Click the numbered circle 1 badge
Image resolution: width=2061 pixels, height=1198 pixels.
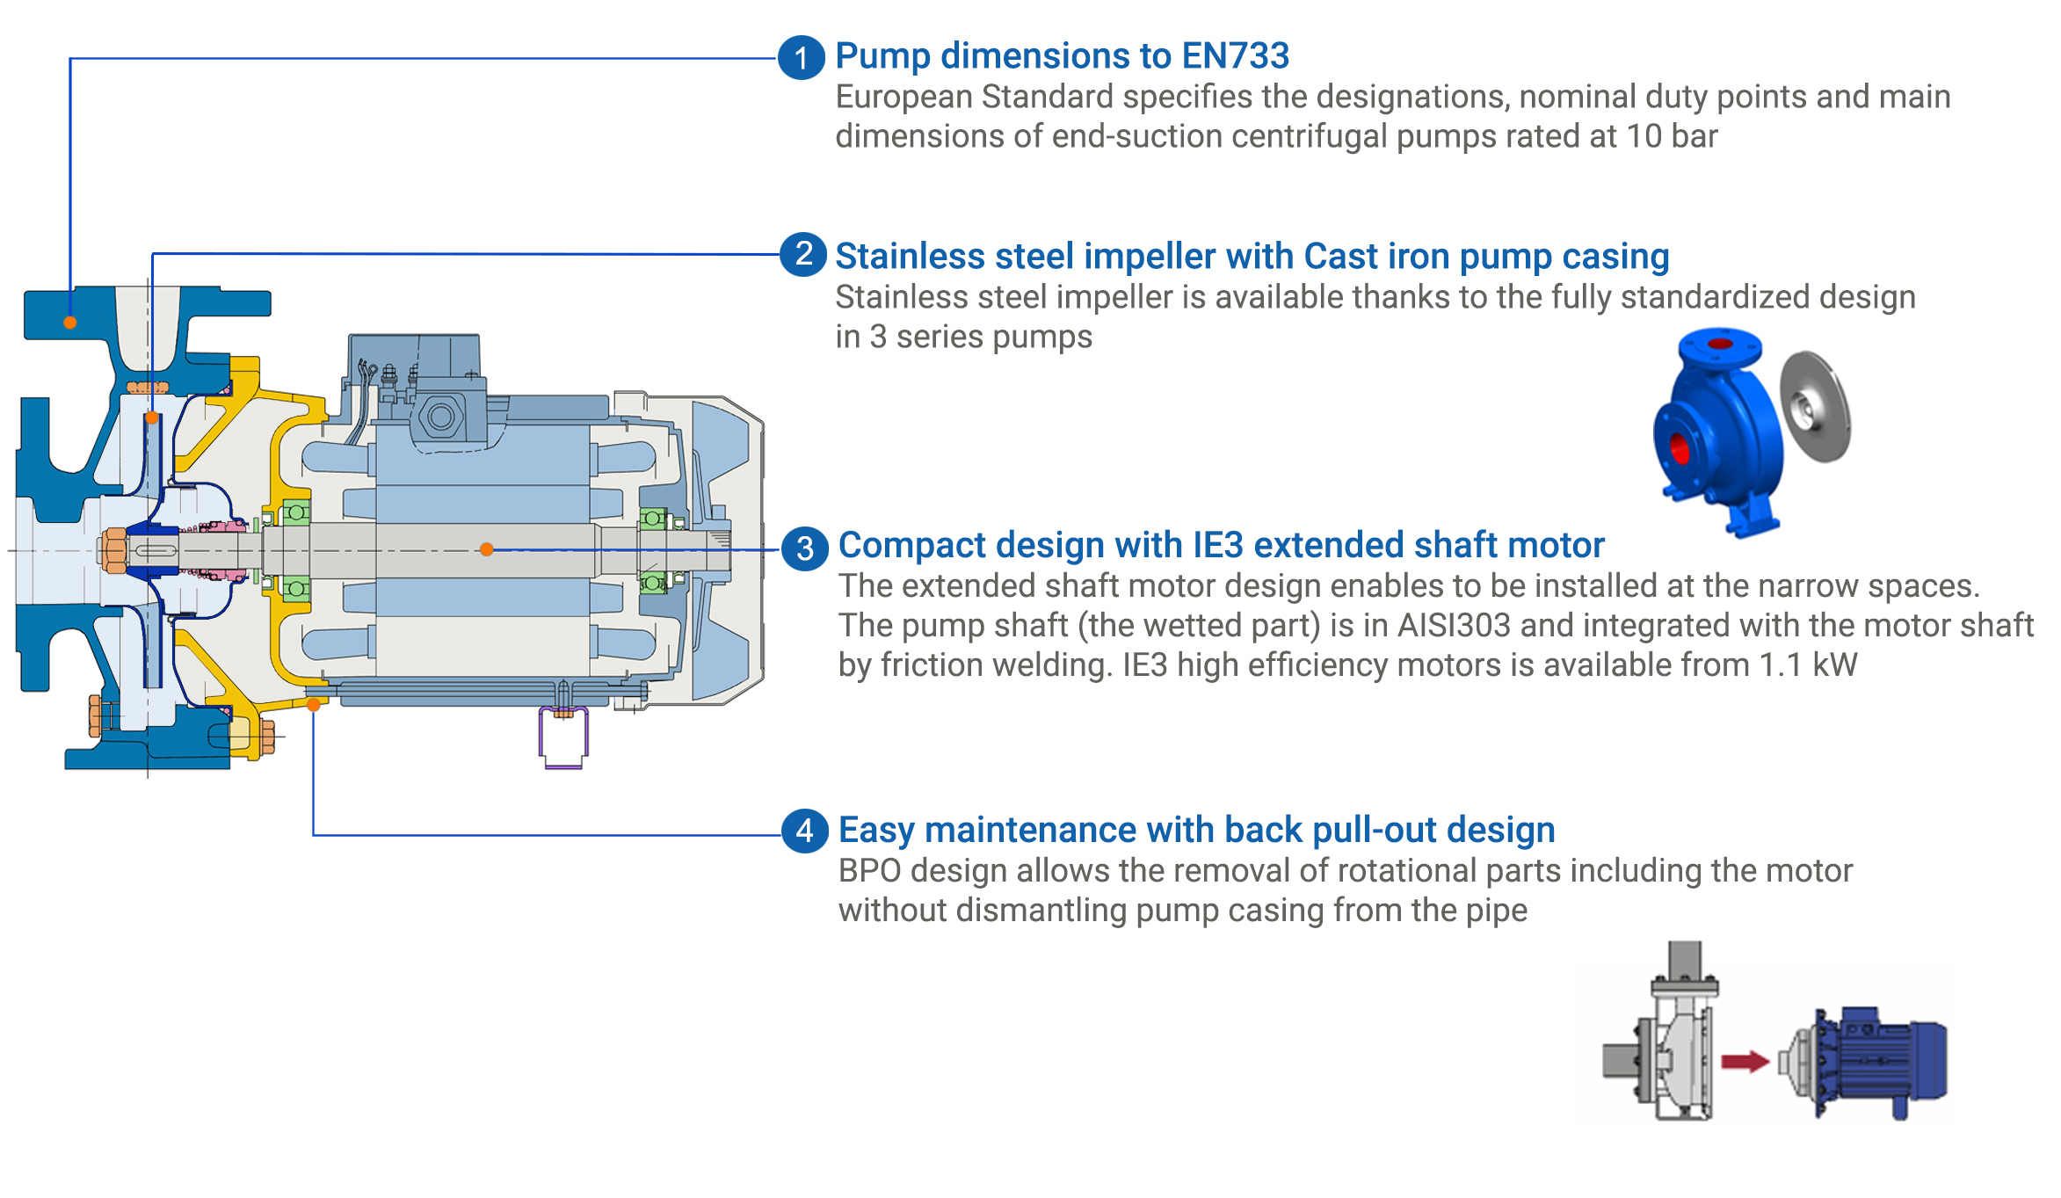802,58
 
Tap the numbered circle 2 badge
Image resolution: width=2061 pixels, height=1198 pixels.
803,255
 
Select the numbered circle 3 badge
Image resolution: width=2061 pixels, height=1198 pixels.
805,548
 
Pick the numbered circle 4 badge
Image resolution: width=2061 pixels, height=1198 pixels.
805,831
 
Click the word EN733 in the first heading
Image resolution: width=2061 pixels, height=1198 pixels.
1235,56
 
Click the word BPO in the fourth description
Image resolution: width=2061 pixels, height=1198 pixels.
869,871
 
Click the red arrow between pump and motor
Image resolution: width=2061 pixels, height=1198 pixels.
1745,1061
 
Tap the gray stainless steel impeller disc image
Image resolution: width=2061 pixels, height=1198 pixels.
1815,406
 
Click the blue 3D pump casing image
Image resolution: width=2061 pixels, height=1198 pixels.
1718,431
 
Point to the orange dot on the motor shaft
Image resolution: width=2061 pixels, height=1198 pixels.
486,549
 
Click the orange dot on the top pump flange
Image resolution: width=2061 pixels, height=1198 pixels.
70,323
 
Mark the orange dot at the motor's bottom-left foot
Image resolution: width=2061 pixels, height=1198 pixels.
313,704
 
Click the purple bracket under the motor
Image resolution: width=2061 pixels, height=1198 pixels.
562,738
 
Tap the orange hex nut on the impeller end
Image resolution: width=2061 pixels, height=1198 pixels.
114,550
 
